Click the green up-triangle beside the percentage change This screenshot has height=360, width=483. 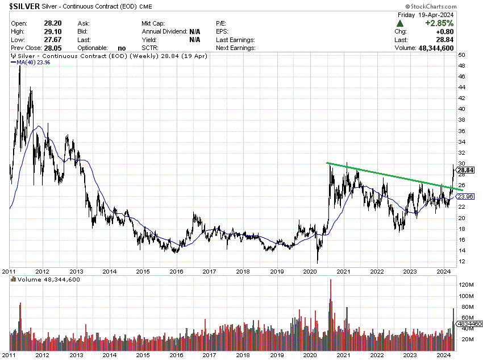coord(400,24)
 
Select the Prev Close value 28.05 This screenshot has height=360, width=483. coord(52,48)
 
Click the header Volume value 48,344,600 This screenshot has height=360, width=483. coord(448,48)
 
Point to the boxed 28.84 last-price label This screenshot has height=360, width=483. coord(465,170)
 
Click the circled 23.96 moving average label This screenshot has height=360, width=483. coord(465,197)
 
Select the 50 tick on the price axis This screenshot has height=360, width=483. coord(462,55)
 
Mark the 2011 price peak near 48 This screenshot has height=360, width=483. coord(20,67)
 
